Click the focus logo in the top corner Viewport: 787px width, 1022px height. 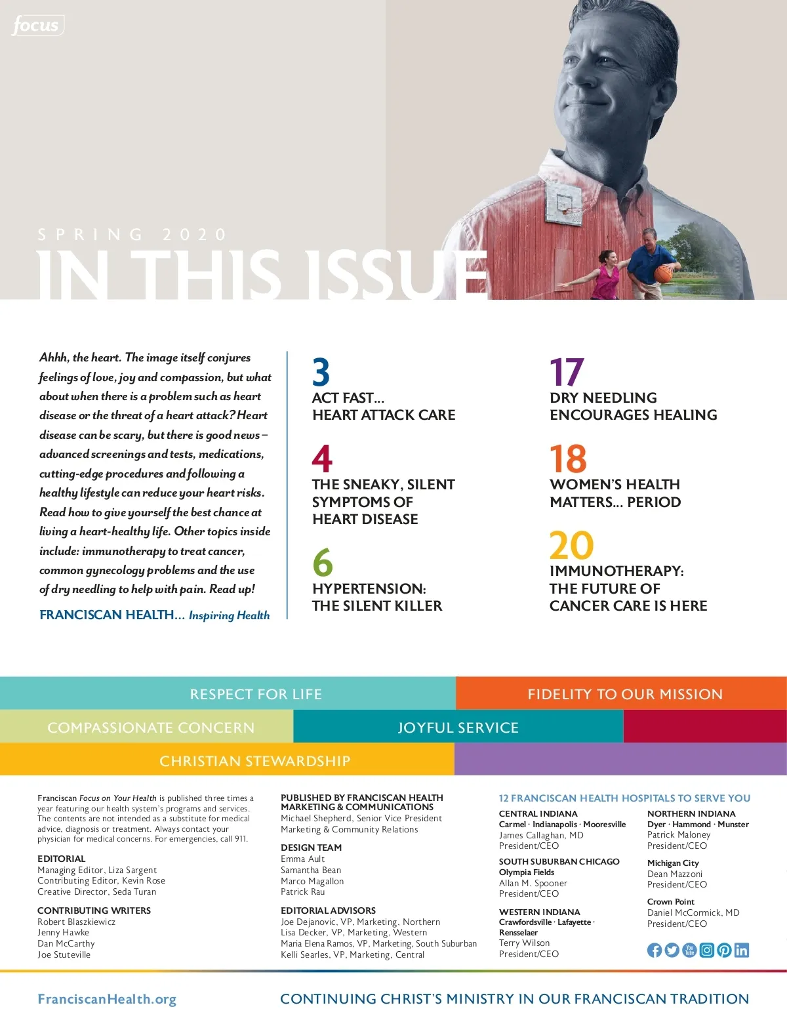[37, 26]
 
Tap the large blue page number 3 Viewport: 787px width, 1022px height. [321, 372]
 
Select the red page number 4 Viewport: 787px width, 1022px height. [322, 459]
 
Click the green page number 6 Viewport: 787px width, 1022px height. [323, 562]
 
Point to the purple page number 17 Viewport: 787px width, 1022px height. [566, 372]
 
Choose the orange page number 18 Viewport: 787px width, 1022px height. [568, 459]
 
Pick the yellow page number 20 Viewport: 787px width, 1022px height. [571, 545]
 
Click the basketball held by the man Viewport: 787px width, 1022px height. [664, 273]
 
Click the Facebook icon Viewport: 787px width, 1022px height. [655, 950]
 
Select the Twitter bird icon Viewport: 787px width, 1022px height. [672, 950]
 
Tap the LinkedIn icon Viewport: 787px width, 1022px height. [742, 950]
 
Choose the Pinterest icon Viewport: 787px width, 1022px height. [724, 950]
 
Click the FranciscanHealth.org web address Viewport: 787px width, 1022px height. [107, 999]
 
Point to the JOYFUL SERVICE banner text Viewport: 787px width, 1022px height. [458, 727]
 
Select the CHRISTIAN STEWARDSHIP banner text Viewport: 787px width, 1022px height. [254, 761]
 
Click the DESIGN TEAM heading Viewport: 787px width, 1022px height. [311, 848]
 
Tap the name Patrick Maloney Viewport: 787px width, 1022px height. [679, 835]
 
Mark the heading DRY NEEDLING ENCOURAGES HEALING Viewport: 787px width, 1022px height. [633, 406]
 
